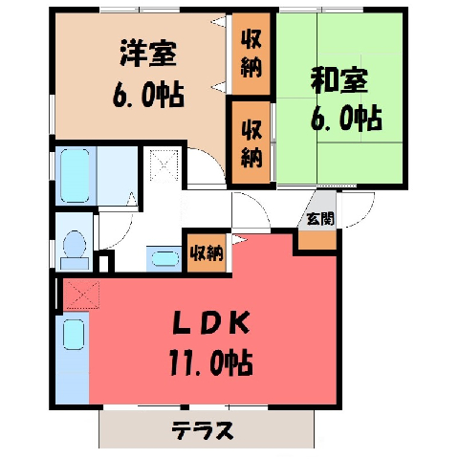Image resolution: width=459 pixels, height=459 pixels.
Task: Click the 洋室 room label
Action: [148, 54]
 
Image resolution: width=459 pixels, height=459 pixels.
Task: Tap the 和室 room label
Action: [339, 80]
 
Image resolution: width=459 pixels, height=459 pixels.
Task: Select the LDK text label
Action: [211, 323]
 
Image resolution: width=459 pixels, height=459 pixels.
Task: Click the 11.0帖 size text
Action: [211, 362]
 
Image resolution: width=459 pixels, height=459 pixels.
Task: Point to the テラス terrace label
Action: [203, 430]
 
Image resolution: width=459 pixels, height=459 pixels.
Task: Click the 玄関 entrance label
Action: [320, 219]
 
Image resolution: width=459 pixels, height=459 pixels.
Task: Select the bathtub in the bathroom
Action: [75, 176]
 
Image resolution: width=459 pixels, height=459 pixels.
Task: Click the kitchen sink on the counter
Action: [74, 335]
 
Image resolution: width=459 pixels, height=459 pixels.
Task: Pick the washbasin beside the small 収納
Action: [164, 258]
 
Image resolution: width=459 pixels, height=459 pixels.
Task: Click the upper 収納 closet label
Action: [251, 54]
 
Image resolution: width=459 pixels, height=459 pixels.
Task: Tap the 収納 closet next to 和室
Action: [251, 144]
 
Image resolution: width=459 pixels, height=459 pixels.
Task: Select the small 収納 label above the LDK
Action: [207, 253]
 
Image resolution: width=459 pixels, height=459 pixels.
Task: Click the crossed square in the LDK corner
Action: [82, 295]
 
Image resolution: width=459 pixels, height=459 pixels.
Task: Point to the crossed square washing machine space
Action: [164, 164]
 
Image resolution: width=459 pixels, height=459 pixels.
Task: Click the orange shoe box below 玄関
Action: [317, 240]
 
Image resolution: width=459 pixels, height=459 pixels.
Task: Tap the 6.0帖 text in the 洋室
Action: [148, 95]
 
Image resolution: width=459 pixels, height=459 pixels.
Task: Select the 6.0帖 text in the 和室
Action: [346, 118]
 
